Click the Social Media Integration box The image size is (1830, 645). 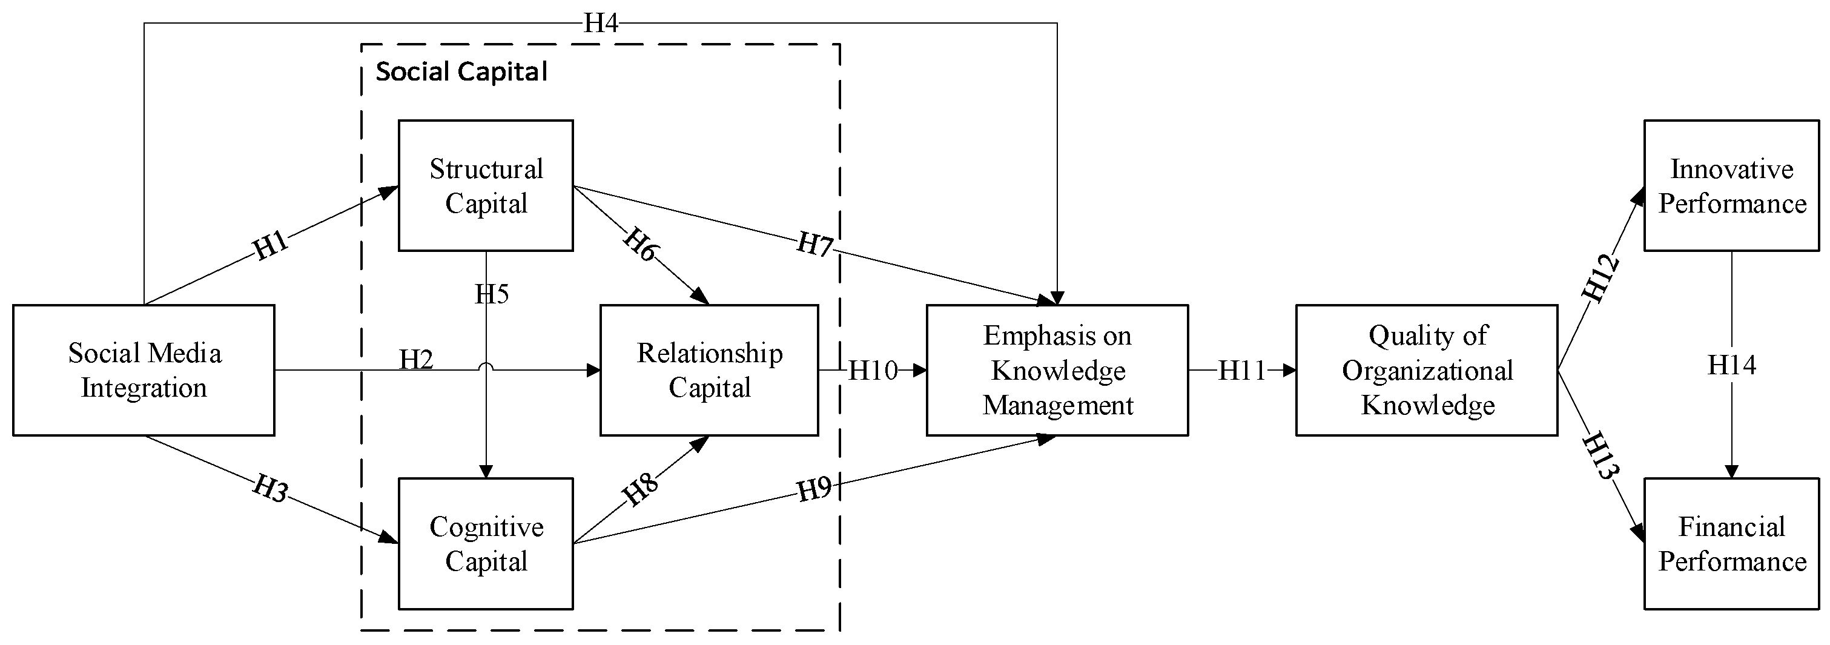(144, 370)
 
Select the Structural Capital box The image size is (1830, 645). (486, 186)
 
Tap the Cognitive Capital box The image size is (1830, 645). (486, 543)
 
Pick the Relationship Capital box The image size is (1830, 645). (709, 370)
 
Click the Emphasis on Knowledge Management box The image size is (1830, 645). (1057, 370)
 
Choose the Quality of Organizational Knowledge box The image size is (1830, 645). (1427, 370)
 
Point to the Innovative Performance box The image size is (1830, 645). (1731, 186)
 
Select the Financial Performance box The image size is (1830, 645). (1731, 543)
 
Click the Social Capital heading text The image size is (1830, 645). (462, 71)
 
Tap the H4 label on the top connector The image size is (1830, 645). (600, 24)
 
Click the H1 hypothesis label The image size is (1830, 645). (271, 245)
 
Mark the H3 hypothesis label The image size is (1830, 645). (271, 489)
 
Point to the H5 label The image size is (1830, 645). (492, 293)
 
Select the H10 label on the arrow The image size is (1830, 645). (873, 370)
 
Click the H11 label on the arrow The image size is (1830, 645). (1242, 370)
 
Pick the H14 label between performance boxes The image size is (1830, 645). (1731, 365)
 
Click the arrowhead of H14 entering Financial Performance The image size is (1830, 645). (1731, 472)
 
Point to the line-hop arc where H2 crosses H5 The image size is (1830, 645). (486, 366)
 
